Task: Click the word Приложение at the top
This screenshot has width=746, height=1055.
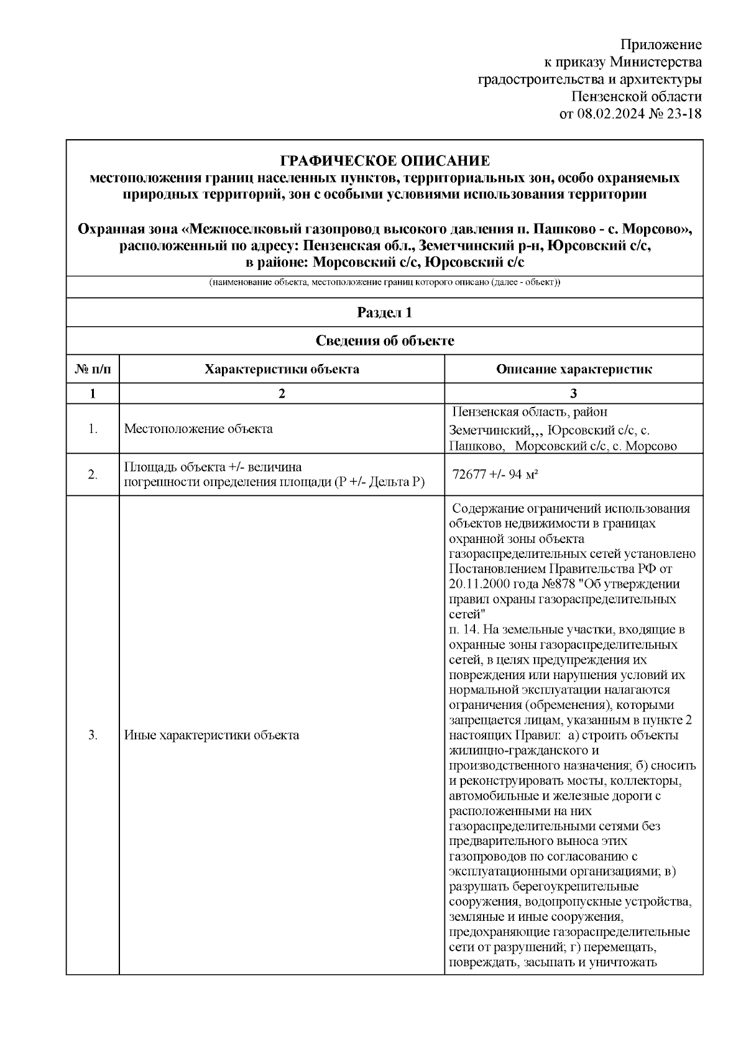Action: click(661, 45)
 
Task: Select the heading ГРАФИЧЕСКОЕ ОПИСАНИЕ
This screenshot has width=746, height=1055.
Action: click(385, 161)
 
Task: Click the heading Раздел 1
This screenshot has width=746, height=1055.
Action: click(385, 313)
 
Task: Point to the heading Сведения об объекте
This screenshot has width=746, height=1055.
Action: click(385, 340)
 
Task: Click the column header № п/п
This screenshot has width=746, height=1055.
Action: click(93, 369)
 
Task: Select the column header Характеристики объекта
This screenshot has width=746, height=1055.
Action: click(282, 369)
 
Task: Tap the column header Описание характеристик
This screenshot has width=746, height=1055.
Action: click(574, 369)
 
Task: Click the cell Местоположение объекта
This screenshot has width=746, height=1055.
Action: click(198, 429)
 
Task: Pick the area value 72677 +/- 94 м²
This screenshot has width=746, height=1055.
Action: click(495, 474)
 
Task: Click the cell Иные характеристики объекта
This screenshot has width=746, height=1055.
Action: click(211, 736)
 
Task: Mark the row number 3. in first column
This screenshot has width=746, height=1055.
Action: click(93, 736)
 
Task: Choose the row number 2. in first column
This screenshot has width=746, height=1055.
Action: click(93, 474)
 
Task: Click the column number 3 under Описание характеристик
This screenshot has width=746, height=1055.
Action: click(574, 393)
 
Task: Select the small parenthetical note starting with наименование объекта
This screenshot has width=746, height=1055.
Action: click(385, 283)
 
